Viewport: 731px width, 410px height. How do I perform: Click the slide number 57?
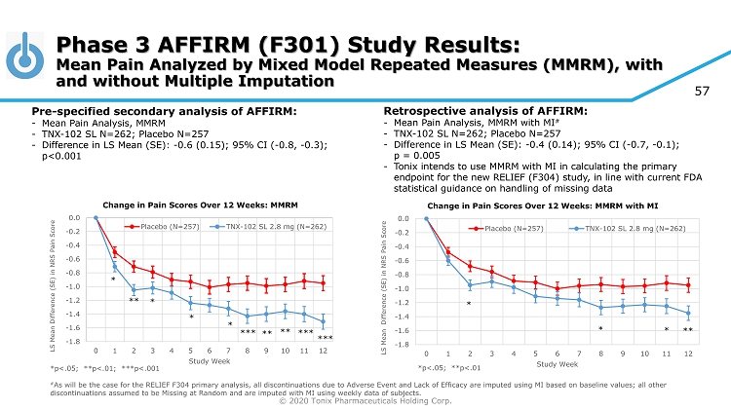point(701,92)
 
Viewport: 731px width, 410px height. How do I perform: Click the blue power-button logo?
point(27,56)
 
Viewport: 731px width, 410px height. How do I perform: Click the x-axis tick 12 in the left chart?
point(323,350)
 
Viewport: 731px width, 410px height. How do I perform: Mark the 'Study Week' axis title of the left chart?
point(209,360)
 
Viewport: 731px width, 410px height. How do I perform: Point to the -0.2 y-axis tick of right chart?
point(402,233)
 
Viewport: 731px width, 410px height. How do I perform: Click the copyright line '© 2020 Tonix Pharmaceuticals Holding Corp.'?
point(365,400)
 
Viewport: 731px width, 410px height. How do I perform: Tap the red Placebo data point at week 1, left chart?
point(114,251)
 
